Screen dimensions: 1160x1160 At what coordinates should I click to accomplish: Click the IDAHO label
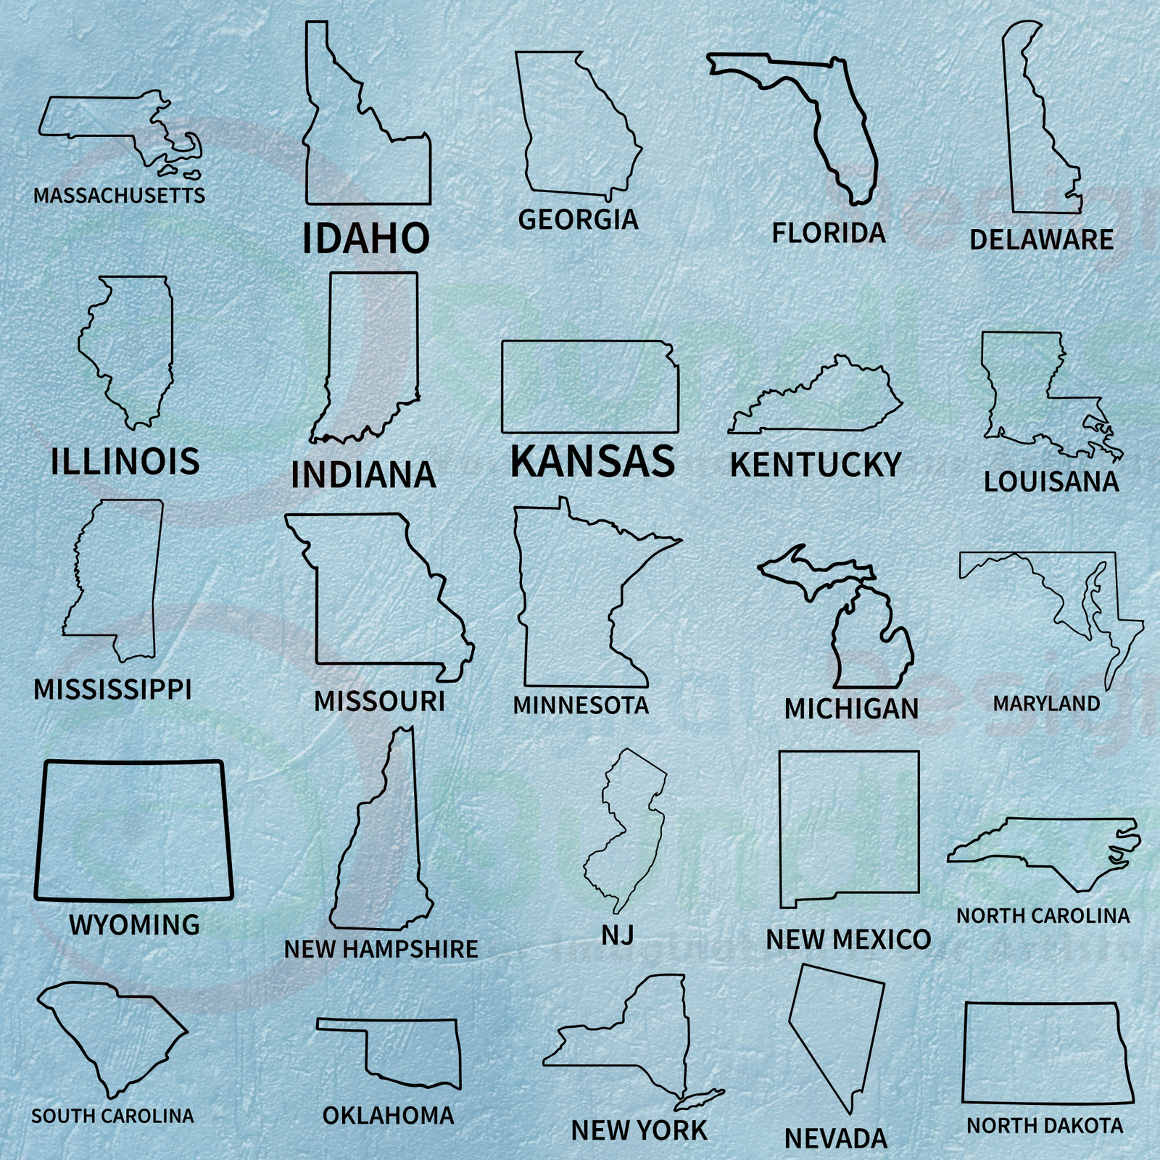[365, 238]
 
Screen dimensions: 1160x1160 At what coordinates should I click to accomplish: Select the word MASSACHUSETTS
[119, 195]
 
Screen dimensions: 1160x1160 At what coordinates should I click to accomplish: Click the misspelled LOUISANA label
[1051, 481]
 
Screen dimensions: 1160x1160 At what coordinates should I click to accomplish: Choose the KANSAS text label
[592, 461]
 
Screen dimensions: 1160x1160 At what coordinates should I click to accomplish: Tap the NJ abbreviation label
[617, 935]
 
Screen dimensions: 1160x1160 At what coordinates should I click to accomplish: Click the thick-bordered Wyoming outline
[134, 830]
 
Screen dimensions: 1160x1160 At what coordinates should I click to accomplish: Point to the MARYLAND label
[1046, 703]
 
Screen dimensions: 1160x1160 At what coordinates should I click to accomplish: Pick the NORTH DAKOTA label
[1045, 1125]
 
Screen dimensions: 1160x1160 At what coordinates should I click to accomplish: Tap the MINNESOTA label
[581, 705]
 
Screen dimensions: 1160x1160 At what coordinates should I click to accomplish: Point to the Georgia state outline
[576, 130]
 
